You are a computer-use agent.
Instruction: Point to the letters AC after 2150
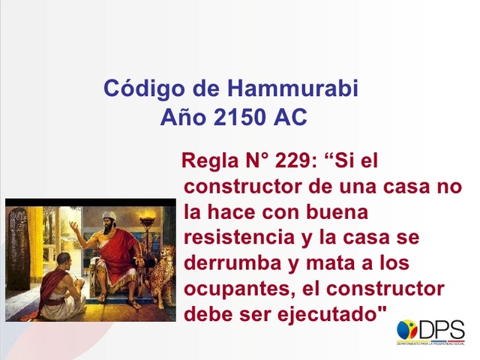pyautogui.click(x=290, y=118)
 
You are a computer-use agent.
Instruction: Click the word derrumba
pyautogui.click(x=230, y=262)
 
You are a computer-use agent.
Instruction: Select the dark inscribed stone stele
pyautogui.click(x=17, y=247)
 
